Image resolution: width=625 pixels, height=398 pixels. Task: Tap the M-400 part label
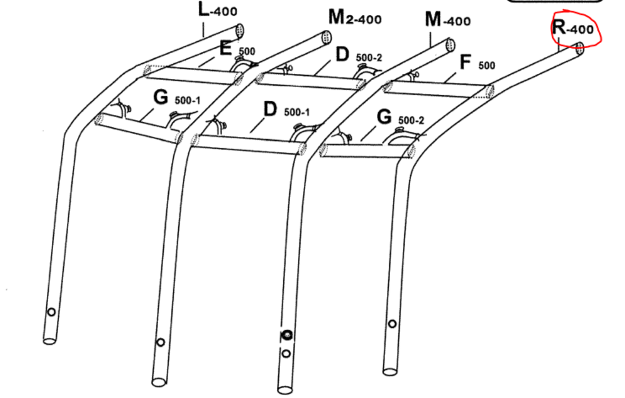click(447, 20)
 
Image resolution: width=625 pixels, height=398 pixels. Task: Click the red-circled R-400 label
click(573, 28)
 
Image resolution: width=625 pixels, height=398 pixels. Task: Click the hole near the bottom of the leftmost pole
click(52, 312)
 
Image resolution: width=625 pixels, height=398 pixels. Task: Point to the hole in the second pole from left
click(161, 342)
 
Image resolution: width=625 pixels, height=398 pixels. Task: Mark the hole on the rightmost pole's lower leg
click(392, 324)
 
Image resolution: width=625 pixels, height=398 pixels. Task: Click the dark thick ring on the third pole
click(286, 335)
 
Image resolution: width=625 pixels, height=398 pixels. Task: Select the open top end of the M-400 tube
click(449, 46)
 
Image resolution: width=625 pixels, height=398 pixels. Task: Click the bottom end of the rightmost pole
click(390, 371)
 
